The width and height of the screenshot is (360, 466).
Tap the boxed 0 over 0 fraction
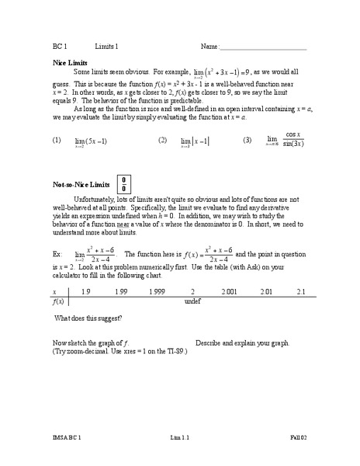click(x=123, y=184)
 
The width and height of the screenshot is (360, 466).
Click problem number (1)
click(x=57, y=141)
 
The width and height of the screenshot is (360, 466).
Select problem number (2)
click(x=162, y=141)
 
